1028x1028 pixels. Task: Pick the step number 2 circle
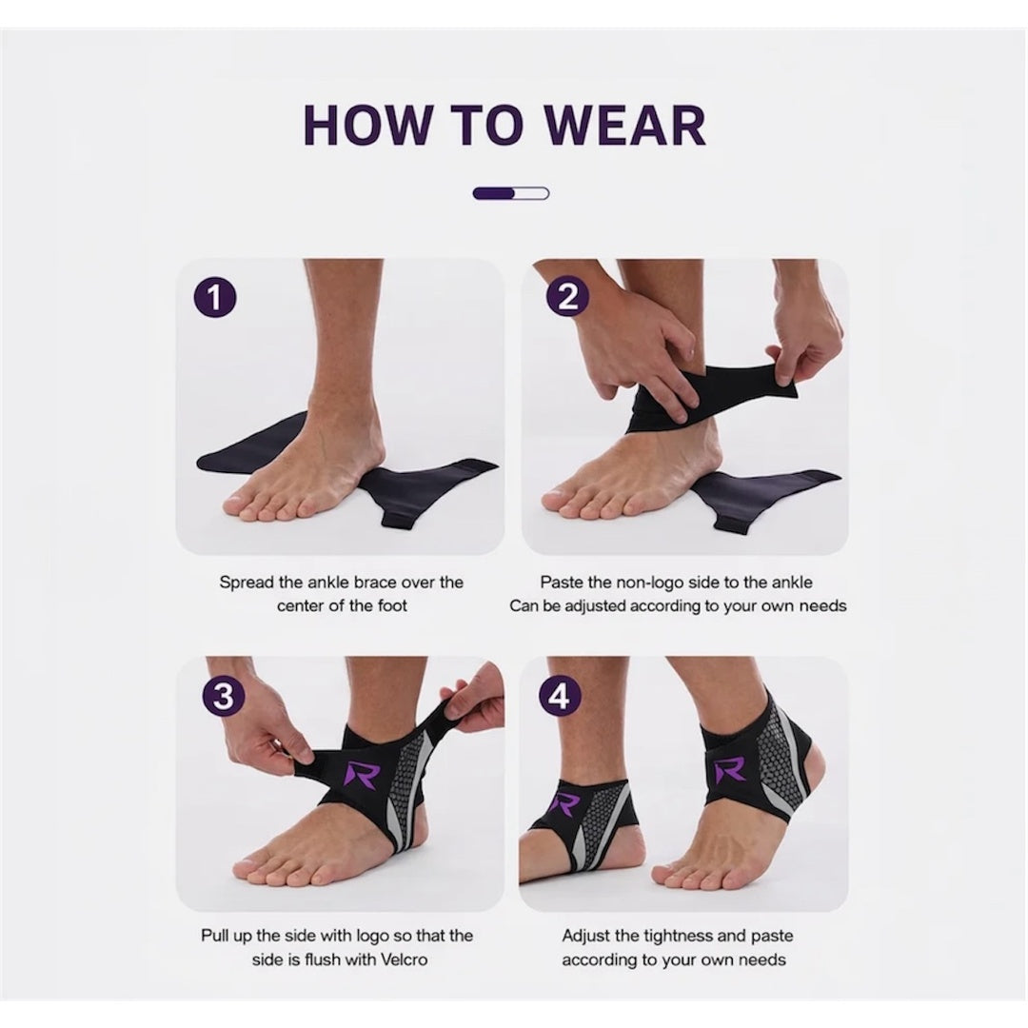[567, 298]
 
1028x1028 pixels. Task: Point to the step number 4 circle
[560, 697]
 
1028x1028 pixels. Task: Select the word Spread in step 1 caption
[246, 582]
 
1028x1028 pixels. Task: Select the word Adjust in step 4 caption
[585, 936]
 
